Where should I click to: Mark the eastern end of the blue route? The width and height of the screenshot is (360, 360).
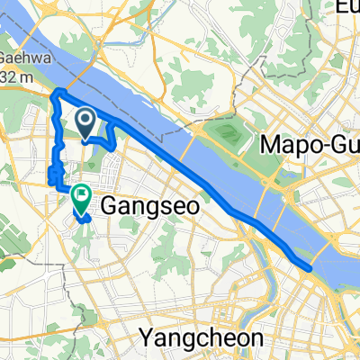[x=310, y=268]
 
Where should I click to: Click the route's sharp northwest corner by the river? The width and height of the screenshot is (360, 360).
[x=58, y=92]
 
